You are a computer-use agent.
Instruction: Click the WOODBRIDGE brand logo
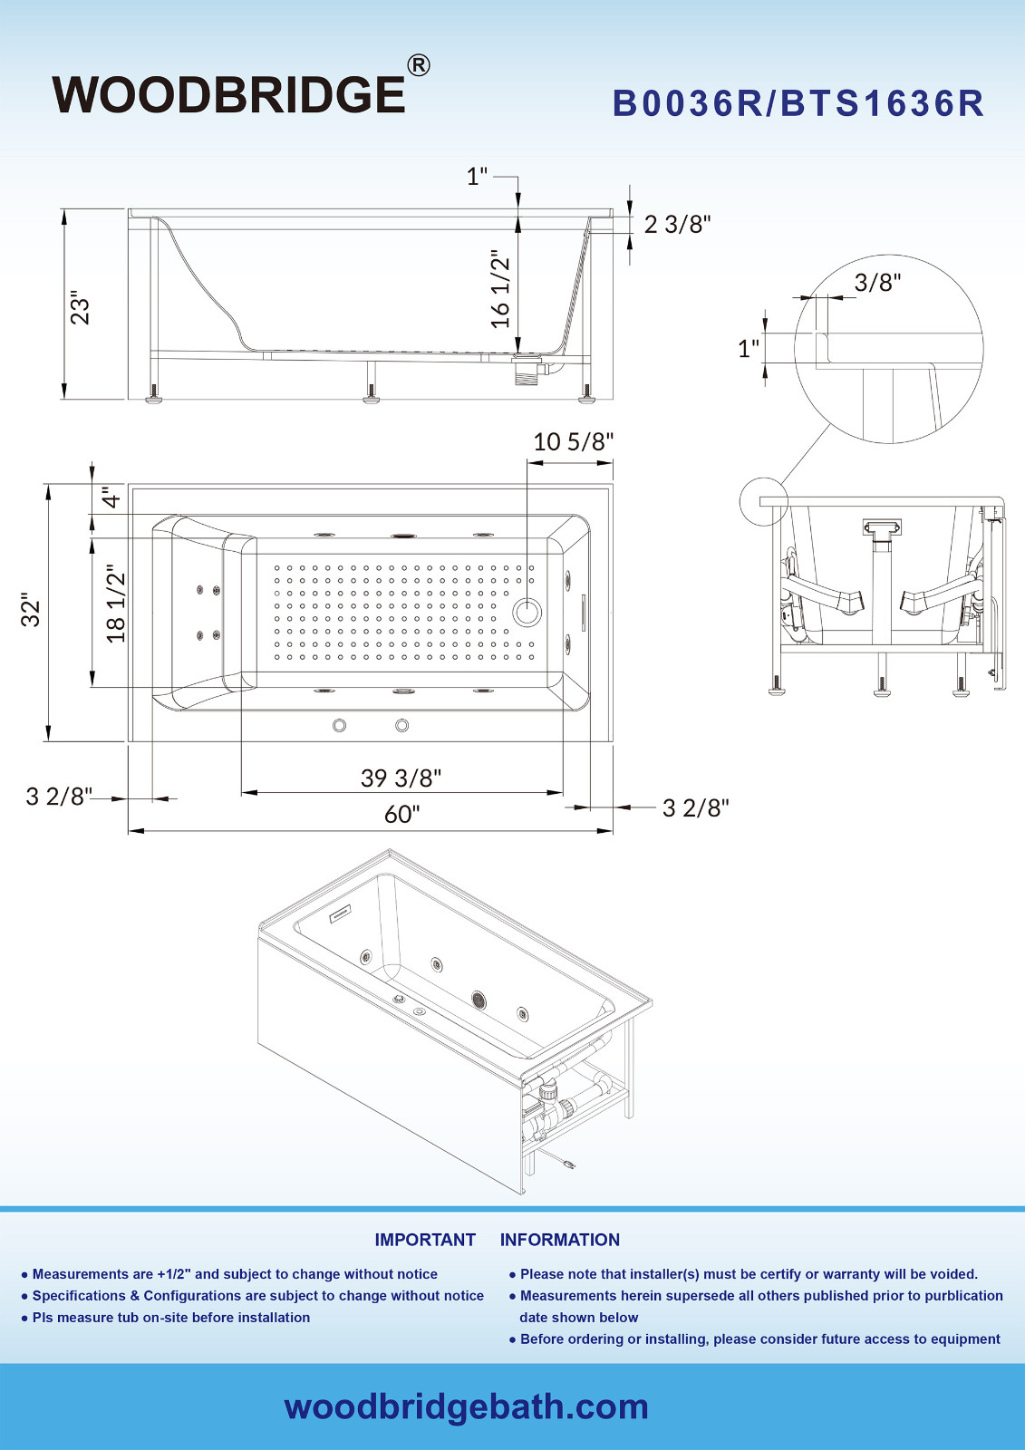(x=228, y=95)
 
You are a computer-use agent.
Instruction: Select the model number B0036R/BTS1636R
(x=798, y=103)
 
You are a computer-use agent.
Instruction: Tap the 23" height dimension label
(x=81, y=308)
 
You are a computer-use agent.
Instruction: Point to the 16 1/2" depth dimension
(x=500, y=288)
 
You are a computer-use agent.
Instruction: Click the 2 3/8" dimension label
(x=677, y=225)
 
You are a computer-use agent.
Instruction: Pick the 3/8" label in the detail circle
(x=876, y=283)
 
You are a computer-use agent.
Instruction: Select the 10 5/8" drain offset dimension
(x=573, y=442)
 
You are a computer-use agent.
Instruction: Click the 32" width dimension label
(x=32, y=611)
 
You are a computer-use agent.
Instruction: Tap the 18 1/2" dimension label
(x=116, y=604)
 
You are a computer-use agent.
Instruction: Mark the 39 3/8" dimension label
(x=401, y=778)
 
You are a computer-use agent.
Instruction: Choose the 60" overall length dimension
(x=401, y=814)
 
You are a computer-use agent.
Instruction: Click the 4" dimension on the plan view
(x=111, y=498)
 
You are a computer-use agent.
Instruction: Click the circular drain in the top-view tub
(x=527, y=612)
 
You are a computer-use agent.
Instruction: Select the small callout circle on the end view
(x=763, y=501)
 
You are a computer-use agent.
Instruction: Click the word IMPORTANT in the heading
(x=425, y=1240)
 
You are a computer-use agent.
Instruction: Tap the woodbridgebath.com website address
(x=466, y=1406)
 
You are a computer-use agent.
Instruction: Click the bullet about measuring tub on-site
(x=170, y=1318)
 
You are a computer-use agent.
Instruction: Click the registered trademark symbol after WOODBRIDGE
(x=418, y=65)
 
